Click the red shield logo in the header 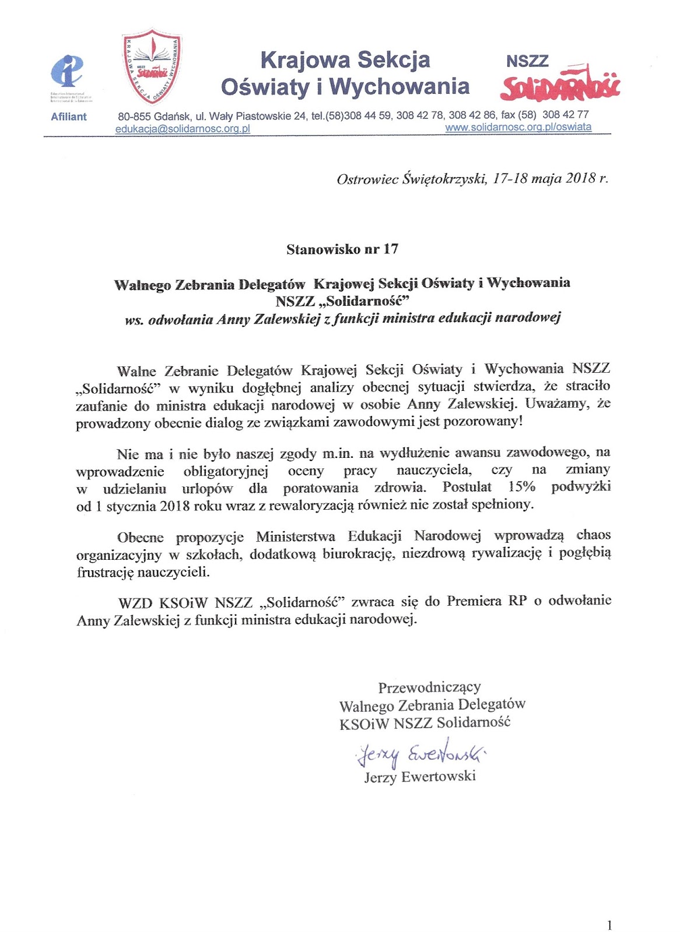151,66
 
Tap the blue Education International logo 67,72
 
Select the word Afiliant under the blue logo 68,116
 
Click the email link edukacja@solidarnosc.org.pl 183,129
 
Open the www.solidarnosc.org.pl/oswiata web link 518,127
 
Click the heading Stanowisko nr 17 342,249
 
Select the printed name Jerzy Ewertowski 420,776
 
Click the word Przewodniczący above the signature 429,687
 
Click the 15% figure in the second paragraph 522,487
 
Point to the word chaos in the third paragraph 593,535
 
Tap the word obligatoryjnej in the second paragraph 226,470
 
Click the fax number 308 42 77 565,115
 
